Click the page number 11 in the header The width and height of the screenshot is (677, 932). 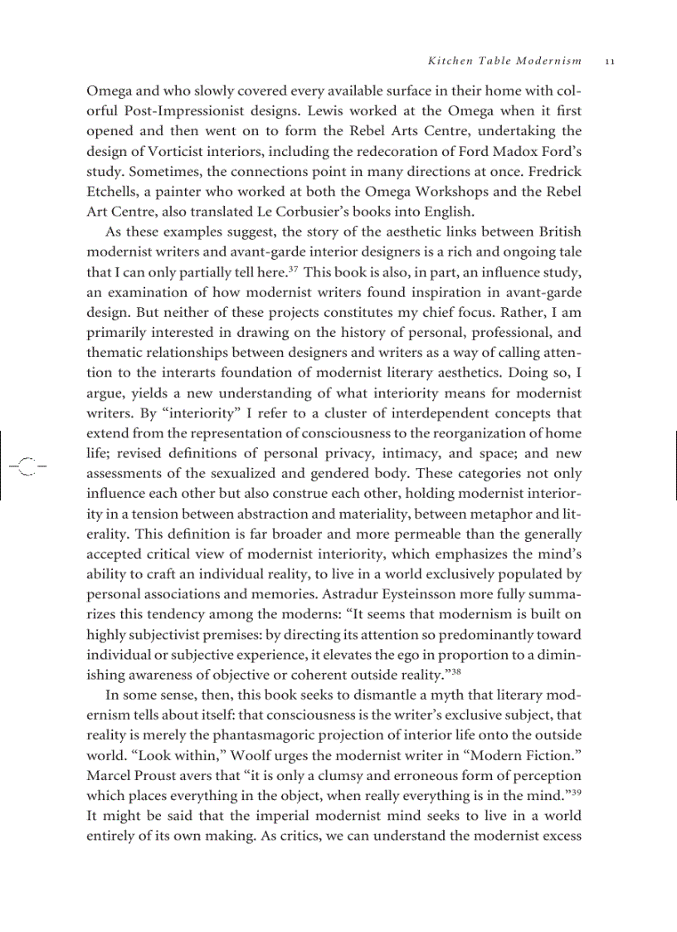[609, 61]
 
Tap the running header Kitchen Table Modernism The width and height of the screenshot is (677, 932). [504, 61]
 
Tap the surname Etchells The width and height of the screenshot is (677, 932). [114, 191]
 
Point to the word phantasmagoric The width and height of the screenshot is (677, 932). [278, 735]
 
